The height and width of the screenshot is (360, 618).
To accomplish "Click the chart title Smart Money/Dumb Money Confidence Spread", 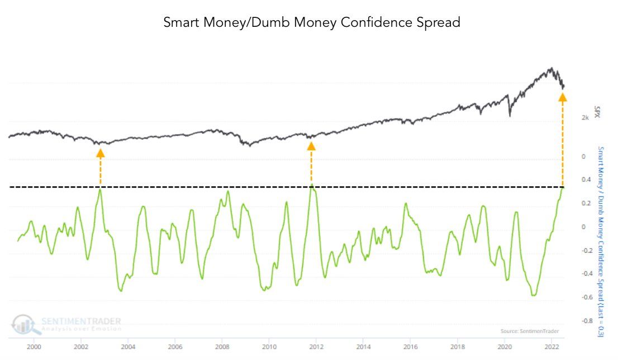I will pyautogui.click(x=312, y=23).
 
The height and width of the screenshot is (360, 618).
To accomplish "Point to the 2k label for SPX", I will pyautogui.click(x=586, y=118).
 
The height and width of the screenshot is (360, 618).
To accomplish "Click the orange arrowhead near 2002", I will pyautogui.click(x=100, y=153).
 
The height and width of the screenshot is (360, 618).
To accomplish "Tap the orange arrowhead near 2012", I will pyautogui.click(x=311, y=145).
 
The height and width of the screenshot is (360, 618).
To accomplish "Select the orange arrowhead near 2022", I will pyautogui.click(x=563, y=97).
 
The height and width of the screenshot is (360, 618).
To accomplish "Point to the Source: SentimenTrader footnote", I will pyautogui.click(x=529, y=331).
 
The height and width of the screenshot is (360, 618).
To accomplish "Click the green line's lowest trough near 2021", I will pyautogui.click(x=534, y=295).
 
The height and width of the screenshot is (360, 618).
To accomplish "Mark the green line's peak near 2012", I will pyautogui.click(x=312, y=184).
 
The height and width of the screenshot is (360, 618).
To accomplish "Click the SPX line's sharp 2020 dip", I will pyautogui.click(x=510, y=116).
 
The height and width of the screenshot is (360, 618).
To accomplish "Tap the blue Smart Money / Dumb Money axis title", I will pyautogui.click(x=601, y=240).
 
